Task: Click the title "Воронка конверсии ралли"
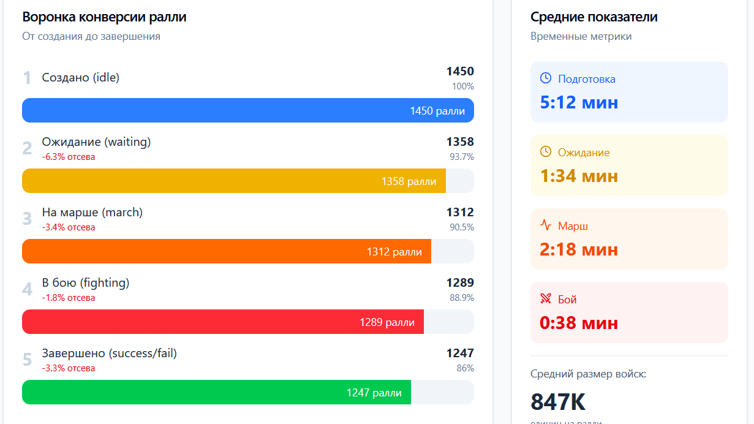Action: point(104,17)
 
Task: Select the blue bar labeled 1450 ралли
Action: point(247,110)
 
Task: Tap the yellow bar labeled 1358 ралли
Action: point(233,181)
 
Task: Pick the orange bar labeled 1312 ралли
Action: point(226,251)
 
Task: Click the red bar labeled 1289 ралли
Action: point(222,322)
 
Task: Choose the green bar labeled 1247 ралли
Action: point(216,392)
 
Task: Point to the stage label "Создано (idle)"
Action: point(80,78)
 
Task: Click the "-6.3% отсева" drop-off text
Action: point(69,157)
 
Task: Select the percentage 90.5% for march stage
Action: point(462,227)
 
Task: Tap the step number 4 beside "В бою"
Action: point(27,289)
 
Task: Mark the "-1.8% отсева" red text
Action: point(69,298)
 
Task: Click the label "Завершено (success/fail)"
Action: point(109,353)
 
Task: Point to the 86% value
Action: point(465,368)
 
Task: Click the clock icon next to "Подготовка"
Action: point(546,78)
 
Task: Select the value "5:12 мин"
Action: point(579,102)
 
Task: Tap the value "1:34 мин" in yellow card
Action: point(579,176)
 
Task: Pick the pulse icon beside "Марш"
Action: point(546,225)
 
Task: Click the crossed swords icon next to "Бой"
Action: point(546,298)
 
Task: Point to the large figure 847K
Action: point(558,402)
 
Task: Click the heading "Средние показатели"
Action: point(594,17)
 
